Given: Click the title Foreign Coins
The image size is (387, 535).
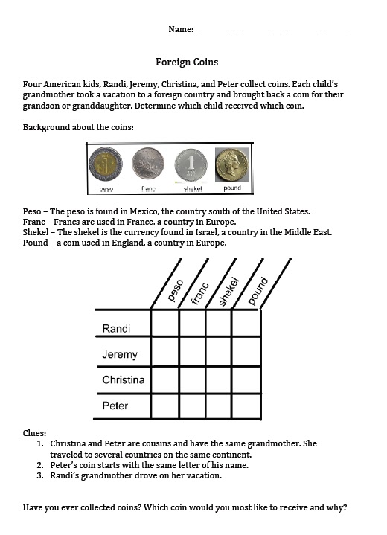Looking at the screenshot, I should [186, 62].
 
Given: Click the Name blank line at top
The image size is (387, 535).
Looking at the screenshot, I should [272, 31].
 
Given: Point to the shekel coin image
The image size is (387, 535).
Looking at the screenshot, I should [191, 164].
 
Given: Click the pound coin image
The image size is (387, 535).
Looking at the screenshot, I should [232, 164].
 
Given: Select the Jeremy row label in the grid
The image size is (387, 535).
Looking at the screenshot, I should [119, 355].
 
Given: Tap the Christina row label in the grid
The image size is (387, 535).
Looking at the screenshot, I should [124, 380].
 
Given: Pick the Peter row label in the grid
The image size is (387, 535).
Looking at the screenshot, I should [115, 406].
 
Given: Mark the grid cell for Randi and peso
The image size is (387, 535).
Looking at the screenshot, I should [164, 324].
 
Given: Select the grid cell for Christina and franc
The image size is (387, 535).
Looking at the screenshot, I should [192, 379].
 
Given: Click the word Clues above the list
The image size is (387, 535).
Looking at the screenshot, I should [34, 432].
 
